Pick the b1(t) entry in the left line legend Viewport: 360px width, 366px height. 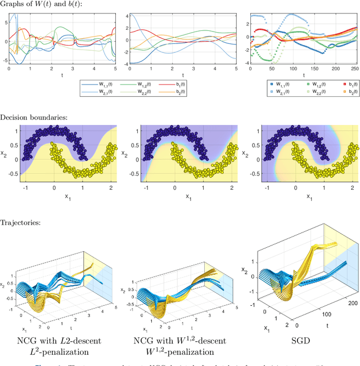tap(206, 84)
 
